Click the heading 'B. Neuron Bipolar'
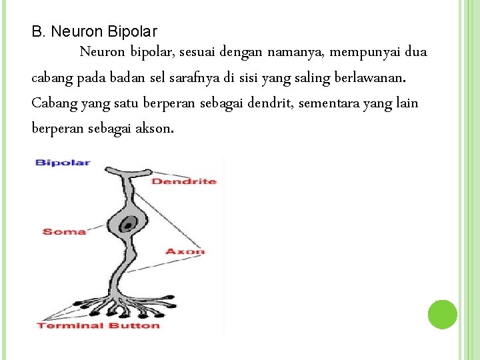coord(95,31)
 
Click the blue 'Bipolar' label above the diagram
coord(63,162)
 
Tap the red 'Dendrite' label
coord(184,181)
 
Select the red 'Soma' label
coord(65,231)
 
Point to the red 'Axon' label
coord(185,251)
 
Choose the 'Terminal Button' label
coord(99,325)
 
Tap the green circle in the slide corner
coord(442,314)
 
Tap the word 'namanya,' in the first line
coord(295,52)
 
